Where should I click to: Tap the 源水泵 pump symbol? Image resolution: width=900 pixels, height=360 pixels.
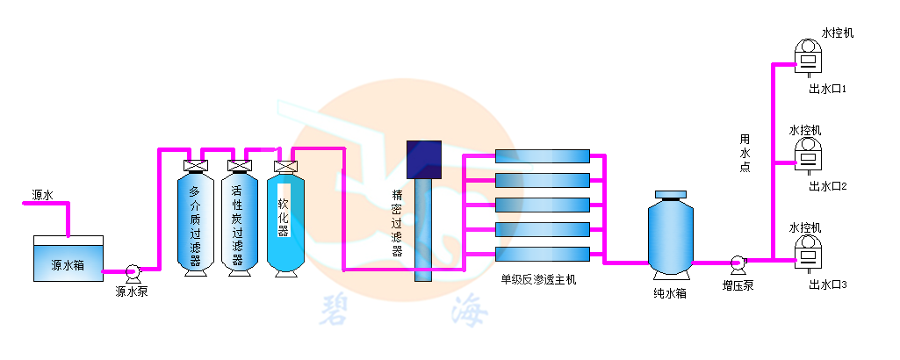pyautogui.click(x=133, y=272)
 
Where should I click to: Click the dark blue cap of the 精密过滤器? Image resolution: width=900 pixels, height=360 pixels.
pyautogui.click(x=424, y=158)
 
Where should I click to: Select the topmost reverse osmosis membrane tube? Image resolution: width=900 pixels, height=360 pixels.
pyautogui.click(x=542, y=156)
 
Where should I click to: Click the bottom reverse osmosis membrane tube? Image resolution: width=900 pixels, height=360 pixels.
pyautogui.click(x=542, y=254)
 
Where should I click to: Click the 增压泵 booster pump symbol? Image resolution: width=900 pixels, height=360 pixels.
pyautogui.click(x=738, y=262)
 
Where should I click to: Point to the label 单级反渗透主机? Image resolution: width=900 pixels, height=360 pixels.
pyautogui.click(x=538, y=280)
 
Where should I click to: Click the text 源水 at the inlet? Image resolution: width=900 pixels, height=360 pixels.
pyautogui.click(x=43, y=195)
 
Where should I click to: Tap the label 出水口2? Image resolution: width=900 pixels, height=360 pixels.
pyautogui.click(x=827, y=186)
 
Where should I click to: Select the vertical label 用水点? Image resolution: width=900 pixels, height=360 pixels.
pyautogui.click(x=745, y=153)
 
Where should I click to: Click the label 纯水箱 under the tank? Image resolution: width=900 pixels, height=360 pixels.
pyautogui.click(x=670, y=292)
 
